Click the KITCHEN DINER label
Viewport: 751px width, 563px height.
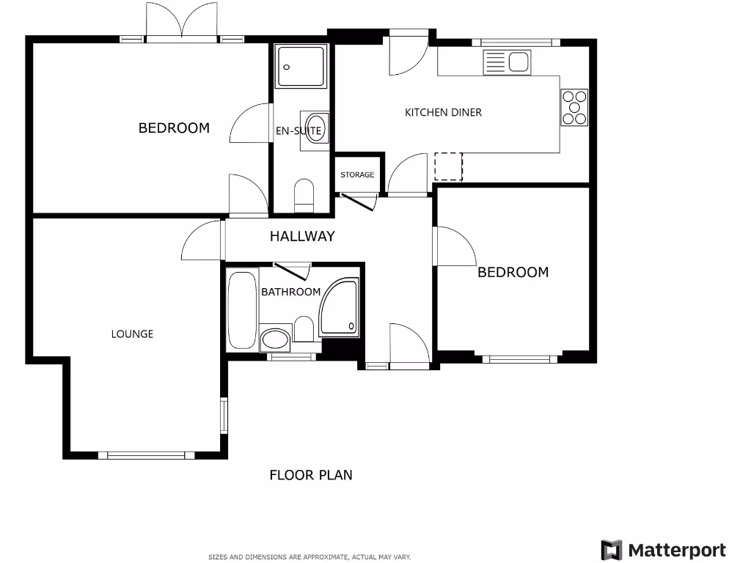tap(443, 112)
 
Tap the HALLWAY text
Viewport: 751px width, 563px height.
tap(302, 236)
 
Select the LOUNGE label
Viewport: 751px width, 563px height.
tap(132, 334)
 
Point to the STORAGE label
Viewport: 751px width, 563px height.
tap(357, 174)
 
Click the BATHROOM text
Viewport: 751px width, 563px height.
tap(290, 292)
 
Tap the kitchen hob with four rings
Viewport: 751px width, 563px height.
tap(574, 107)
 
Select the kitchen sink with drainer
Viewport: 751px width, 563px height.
tap(507, 62)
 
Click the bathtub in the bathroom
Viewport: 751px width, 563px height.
tap(242, 310)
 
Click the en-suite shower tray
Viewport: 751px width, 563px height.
tap(301, 67)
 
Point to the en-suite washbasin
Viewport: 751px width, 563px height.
tap(315, 132)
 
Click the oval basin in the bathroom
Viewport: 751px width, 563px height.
tap(275, 339)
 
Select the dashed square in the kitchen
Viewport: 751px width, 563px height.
tap(449, 166)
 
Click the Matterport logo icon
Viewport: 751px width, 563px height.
tap(612, 551)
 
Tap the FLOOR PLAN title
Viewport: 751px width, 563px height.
tap(311, 475)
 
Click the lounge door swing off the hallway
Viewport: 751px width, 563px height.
tap(200, 243)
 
